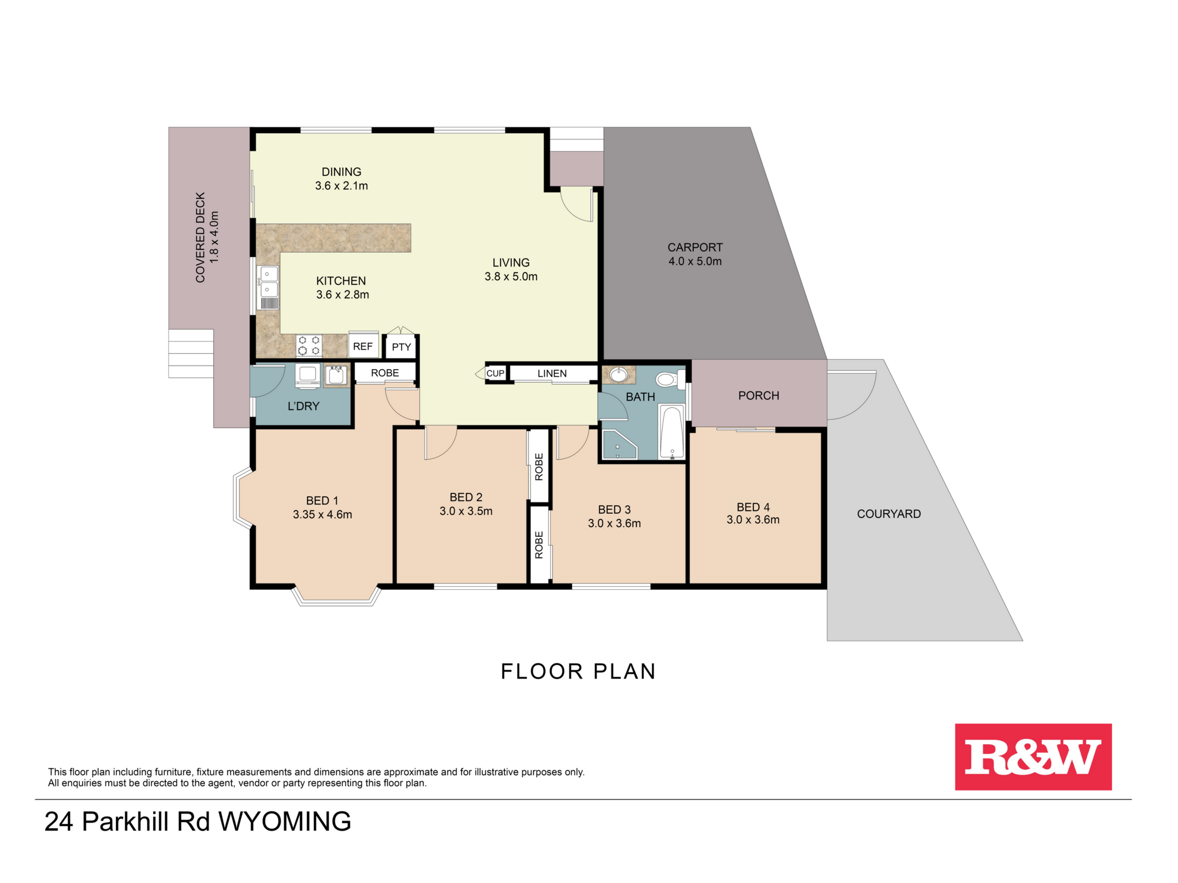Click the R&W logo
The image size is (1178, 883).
(x=1033, y=756)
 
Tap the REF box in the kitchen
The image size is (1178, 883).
(x=363, y=346)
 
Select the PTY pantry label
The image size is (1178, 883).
(x=401, y=347)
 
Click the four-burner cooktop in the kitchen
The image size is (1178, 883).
(x=309, y=346)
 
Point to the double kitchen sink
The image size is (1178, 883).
(x=269, y=282)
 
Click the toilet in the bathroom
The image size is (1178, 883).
(x=668, y=380)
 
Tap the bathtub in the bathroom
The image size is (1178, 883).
(x=671, y=432)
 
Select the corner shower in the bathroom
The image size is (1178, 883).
(x=618, y=444)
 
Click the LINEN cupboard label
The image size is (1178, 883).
(x=552, y=373)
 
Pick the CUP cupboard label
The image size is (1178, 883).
(x=495, y=373)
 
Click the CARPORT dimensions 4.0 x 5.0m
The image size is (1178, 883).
(x=694, y=261)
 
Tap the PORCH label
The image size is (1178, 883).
(x=758, y=396)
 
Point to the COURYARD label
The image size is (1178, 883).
(x=888, y=514)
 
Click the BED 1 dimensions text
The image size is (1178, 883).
(x=322, y=514)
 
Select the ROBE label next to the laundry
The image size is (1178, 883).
(x=385, y=373)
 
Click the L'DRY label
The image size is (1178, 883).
(x=303, y=406)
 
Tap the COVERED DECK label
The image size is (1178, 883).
(x=200, y=237)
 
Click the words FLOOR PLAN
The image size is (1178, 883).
(x=578, y=671)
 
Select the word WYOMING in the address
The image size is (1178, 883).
(x=284, y=822)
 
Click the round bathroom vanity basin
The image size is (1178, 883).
(x=618, y=374)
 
